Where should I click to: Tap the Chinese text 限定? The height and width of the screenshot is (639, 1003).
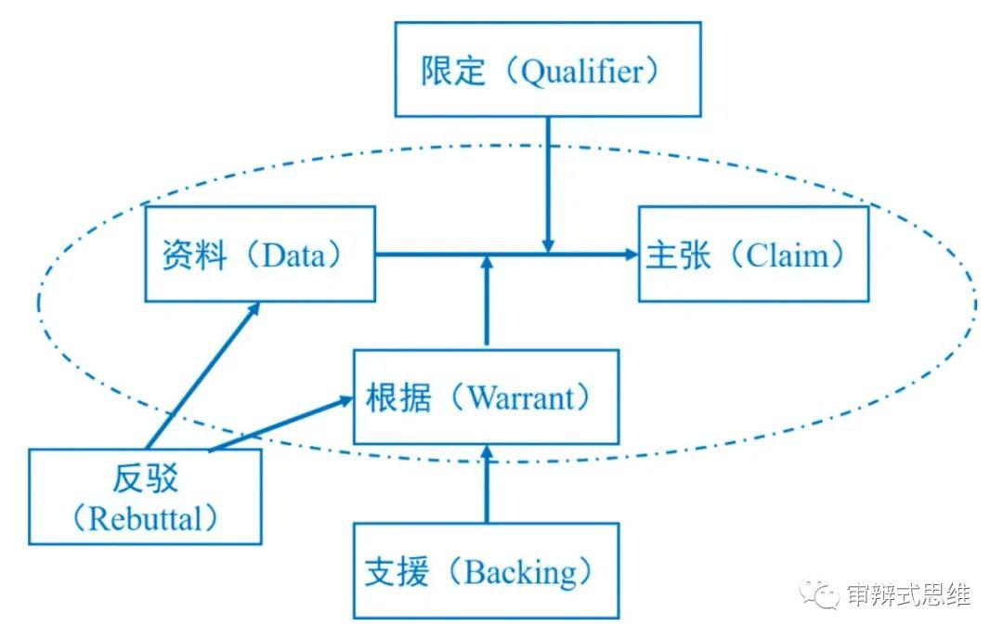pyautogui.click(x=453, y=72)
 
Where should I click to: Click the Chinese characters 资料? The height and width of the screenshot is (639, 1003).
pyautogui.click(x=194, y=255)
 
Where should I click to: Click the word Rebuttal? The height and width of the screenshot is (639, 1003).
pyautogui.click(x=144, y=518)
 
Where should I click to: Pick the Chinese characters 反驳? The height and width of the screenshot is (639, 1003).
pyautogui.click(x=144, y=479)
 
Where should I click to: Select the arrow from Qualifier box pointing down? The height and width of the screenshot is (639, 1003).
pyautogui.click(x=548, y=186)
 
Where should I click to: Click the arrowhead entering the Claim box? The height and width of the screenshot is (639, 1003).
pyautogui.click(x=630, y=253)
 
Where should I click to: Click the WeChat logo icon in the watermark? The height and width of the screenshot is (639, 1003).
pyautogui.click(x=820, y=593)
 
